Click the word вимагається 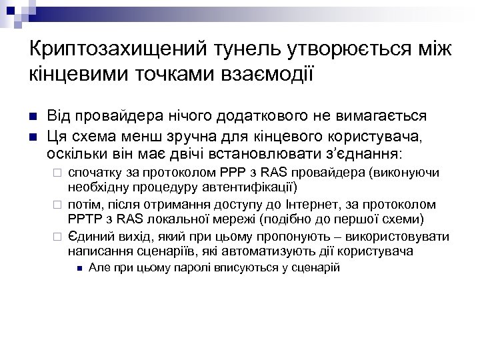pyautogui.click(x=389, y=115)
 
